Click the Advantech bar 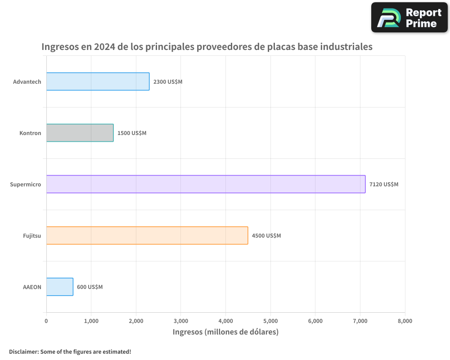[x=98, y=81]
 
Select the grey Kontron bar [x=80, y=133]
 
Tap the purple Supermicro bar [x=206, y=184]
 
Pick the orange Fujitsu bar [x=147, y=235]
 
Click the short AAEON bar [x=59, y=287]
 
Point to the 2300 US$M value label [x=167, y=82]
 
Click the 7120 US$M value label [x=383, y=184]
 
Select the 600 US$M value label [x=90, y=287]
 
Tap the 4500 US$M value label [x=266, y=236]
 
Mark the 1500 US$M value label [x=132, y=133]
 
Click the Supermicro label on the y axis [x=26, y=184]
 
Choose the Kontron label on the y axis [x=30, y=133]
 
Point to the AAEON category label [x=32, y=287]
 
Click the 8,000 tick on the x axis [x=405, y=321]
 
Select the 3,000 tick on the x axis [x=180, y=321]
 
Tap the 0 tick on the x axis [x=46, y=321]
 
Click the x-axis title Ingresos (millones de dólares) [x=225, y=332]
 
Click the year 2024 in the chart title [x=104, y=47]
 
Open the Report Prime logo [x=409, y=18]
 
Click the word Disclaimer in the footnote [x=23, y=351]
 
